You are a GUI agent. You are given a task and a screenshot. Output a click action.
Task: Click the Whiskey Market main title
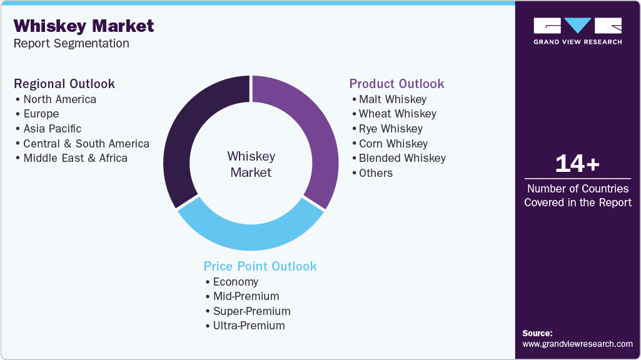point(84,26)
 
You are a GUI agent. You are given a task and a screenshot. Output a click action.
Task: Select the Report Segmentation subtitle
point(71,44)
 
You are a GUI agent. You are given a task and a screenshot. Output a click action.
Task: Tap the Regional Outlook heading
point(64,84)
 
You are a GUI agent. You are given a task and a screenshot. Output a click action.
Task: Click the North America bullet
point(59,99)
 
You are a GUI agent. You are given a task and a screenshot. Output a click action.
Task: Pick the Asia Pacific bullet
point(52,129)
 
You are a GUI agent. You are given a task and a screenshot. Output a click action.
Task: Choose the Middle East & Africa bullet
point(75,158)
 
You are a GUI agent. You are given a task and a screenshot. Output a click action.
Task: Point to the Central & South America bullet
point(86,144)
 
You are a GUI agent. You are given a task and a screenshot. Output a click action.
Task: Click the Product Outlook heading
point(396,84)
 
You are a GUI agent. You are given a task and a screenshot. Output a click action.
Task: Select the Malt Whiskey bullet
point(392,99)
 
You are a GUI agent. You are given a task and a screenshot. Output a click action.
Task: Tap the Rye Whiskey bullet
point(390,129)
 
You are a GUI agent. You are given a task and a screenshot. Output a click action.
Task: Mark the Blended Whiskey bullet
point(402,158)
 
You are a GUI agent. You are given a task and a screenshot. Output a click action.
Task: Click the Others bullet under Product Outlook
point(375,173)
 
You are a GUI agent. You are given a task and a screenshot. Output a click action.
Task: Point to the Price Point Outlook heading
point(260,266)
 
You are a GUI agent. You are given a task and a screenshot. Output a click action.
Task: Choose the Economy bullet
point(235,282)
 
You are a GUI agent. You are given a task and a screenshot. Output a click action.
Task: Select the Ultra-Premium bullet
point(248,326)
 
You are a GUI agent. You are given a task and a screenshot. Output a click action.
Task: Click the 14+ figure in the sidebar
point(577,164)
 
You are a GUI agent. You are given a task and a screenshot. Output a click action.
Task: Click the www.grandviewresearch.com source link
point(577,344)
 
